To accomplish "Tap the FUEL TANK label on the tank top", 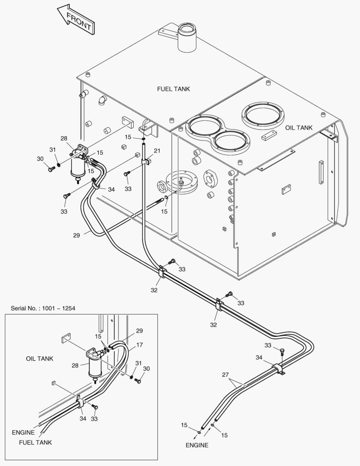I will [x=173, y=89].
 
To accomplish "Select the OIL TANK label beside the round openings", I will [x=299, y=128].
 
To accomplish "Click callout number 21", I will [x=157, y=151].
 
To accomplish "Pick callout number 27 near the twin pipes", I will [x=225, y=375].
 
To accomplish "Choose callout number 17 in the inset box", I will [x=139, y=345].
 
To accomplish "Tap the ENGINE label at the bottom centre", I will [x=197, y=445].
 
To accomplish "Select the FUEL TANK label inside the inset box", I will [x=35, y=442].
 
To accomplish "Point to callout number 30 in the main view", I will [x=40, y=159].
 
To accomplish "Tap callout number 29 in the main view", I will [x=77, y=235].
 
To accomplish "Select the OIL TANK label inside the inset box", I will [x=40, y=359].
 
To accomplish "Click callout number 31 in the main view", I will [x=53, y=150].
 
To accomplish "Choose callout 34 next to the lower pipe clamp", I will [x=259, y=357].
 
